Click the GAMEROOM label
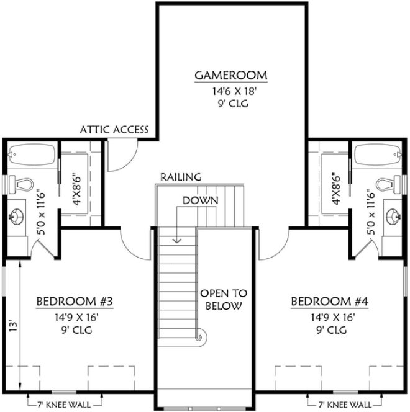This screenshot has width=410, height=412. pos(231,76)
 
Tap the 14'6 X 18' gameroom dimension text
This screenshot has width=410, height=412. pos(230,92)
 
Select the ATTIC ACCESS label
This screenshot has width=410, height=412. pos(114,130)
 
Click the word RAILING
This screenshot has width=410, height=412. pos(181,177)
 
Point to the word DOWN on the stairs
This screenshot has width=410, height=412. pos(200,200)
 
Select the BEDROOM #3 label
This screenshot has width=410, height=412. pos(75,302)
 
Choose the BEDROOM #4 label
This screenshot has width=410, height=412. pos(330,302)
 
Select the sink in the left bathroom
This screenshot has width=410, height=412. pos(17,217)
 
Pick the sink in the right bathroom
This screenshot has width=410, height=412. pos(391,217)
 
